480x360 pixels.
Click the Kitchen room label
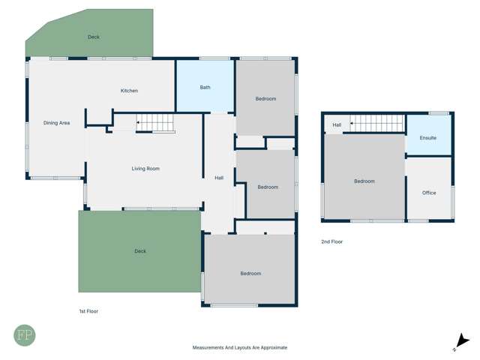click(129, 91)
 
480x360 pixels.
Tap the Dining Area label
click(56, 123)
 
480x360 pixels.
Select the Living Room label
click(145, 169)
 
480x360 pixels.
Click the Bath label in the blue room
click(205, 88)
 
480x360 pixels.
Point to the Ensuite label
click(427, 139)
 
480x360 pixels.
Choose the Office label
click(429, 193)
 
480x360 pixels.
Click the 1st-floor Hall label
click(219, 178)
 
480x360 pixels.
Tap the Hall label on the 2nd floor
click(337, 124)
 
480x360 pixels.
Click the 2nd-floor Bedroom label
click(364, 181)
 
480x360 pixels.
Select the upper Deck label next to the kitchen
click(93, 37)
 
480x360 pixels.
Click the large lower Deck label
click(139, 251)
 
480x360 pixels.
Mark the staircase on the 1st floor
click(154, 123)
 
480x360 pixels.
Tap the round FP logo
click(25, 334)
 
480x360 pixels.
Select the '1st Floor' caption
click(88, 311)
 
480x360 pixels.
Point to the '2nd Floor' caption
click(331, 241)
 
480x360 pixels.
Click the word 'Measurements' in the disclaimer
click(208, 348)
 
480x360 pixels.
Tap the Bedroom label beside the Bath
click(265, 99)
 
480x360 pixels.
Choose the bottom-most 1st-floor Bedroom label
click(250, 274)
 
